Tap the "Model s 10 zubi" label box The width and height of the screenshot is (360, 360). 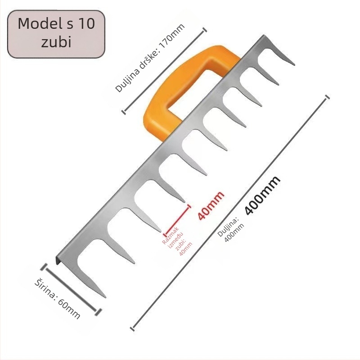[56, 34]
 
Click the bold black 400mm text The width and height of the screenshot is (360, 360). [262, 196]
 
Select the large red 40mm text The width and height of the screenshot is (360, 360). [211, 206]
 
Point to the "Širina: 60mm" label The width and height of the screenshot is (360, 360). [58, 299]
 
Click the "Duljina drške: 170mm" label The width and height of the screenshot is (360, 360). [150, 58]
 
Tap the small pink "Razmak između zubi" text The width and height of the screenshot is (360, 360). [177, 242]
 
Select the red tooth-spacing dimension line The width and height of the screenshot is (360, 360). [177, 220]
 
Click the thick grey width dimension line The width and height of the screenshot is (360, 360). [71, 289]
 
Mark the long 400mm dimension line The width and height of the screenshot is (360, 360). [230, 212]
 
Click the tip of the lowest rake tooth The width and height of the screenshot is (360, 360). [105, 297]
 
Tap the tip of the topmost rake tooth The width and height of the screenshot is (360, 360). [294, 65]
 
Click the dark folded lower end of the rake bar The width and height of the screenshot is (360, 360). [57, 260]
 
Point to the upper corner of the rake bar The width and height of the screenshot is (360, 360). [264, 35]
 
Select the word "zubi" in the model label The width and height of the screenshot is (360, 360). [56, 42]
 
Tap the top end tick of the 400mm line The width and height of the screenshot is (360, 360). [328, 96]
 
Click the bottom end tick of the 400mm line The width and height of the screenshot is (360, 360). [132, 328]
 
